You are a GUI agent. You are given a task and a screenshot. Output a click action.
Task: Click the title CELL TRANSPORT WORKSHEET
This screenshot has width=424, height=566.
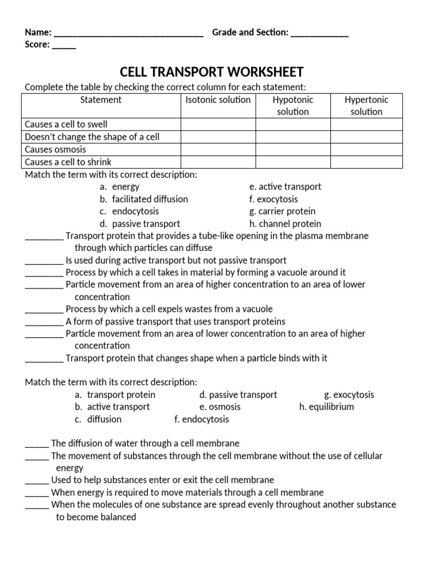click(212, 72)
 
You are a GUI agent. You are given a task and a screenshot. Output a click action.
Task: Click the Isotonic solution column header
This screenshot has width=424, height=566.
click(218, 100)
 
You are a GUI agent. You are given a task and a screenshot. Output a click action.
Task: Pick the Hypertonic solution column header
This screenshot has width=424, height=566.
click(366, 106)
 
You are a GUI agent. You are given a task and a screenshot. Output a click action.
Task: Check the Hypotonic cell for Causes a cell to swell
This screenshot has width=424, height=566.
click(293, 124)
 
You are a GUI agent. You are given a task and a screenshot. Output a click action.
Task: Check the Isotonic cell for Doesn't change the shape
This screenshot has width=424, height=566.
click(218, 137)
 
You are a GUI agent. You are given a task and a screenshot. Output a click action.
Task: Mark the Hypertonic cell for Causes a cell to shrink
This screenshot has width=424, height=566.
click(366, 162)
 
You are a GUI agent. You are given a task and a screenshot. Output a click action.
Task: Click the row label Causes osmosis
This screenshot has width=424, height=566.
click(55, 150)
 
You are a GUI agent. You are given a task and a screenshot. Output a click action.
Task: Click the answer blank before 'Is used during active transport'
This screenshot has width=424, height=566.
click(44, 261)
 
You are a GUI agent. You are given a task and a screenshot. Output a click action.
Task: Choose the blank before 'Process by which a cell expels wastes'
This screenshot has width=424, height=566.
click(44, 310)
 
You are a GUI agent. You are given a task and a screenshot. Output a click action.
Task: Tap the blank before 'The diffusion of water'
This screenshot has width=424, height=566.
click(37, 444)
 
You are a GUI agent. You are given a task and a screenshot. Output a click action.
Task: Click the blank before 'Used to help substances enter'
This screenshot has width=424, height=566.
click(37, 481)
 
